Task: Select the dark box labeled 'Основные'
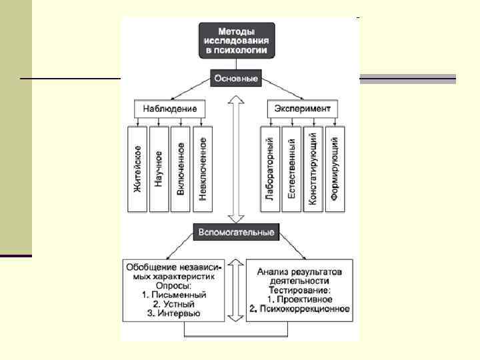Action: (x=235, y=78)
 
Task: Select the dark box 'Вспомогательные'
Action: (x=235, y=233)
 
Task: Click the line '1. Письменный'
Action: (x=174, y=294)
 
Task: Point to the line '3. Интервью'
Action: (x=173, y=313)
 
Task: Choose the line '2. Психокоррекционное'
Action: (x=300, y=309)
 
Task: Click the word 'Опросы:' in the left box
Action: (x=173, y=285)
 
